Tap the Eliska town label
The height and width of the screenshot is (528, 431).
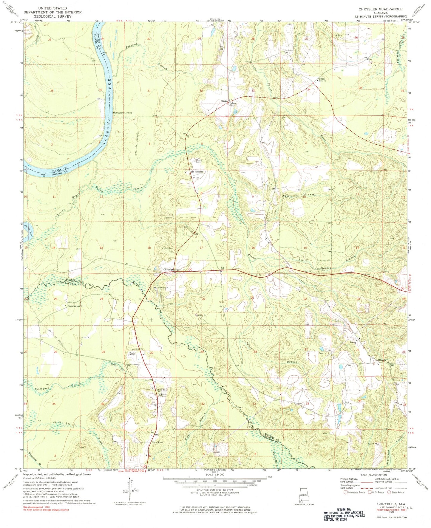pyautogui.click(x=224, y=101)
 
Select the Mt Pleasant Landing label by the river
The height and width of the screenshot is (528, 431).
pyautogui.click(x=123, y=113)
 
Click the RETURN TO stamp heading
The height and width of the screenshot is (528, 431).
pyautogui.click(x=341, y=510)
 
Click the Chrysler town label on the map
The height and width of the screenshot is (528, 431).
pyautogui.click(x=168, y=270)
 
